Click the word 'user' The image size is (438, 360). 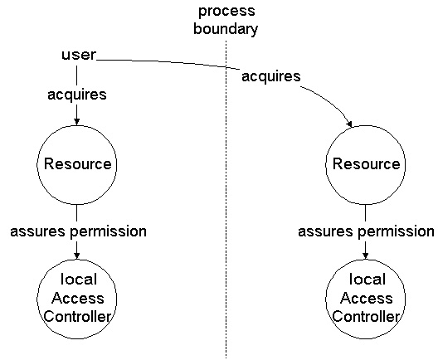79,55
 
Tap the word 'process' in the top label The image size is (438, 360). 226,12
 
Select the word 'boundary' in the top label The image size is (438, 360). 226,29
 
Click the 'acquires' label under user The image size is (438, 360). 77,95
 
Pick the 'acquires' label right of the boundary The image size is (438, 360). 271,76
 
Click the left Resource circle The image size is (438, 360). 37,165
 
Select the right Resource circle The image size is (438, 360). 326,165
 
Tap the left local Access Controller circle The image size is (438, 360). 37,299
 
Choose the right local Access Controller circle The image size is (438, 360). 326,299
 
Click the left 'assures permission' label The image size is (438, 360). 78,231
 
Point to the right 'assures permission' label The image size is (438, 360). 366,231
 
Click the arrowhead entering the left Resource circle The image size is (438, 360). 77,122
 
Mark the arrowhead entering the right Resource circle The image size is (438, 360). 349,124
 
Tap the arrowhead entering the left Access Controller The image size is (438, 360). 77,255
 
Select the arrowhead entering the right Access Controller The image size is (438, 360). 365,255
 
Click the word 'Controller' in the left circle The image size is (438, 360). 77,317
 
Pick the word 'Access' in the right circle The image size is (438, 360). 366,299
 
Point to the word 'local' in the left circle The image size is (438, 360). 79,280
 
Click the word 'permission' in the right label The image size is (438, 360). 396,231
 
